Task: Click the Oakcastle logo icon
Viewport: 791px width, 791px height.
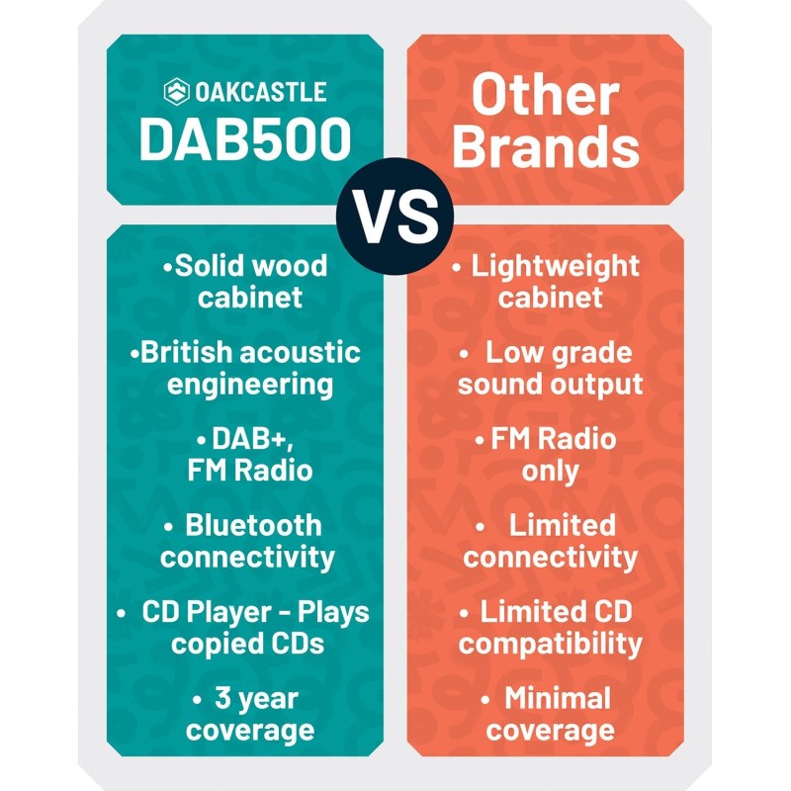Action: click(176, 92)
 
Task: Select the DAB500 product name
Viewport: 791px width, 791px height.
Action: click(245, 140)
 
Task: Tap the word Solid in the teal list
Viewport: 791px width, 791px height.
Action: click(209, 266)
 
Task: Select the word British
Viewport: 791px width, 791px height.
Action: click(191, 353)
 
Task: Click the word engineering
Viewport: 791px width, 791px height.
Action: click(249, 384)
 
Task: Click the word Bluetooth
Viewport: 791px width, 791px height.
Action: click(253, 525)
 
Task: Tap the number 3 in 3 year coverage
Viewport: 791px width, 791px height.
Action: click(223, 699)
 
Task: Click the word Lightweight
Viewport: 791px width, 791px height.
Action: click(555, 266)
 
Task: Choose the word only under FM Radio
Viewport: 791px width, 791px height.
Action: click(550, 471)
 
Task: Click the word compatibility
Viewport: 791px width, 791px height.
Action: click(550, 645)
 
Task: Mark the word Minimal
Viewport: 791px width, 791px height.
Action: click(558, 699)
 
